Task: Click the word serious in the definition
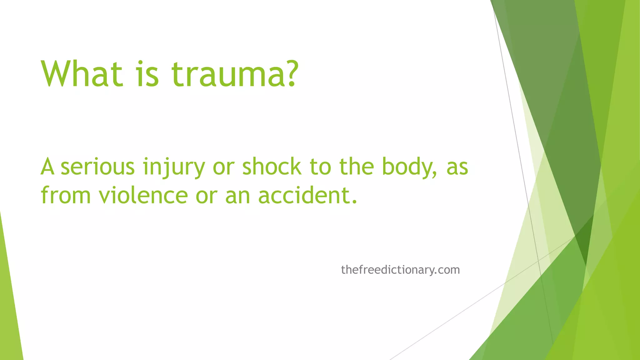click(x=97, y=167)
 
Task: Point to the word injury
click(x=174, y=167)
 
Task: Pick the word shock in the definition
click(x=272, y=167)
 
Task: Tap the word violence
click(x=143, y=196)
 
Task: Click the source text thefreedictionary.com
click(x=400, y=270)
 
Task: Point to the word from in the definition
click(x=66, y=196)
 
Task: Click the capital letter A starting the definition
click(x=47, y=167)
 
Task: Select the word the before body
click(x=357, y=167)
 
